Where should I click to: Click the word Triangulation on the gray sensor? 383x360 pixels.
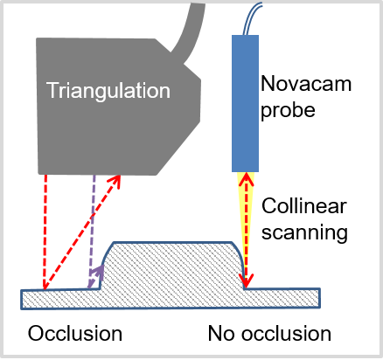[x=108, y=91]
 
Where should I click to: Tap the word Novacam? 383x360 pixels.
[x=306, y=84]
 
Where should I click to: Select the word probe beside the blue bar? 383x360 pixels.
[x=288, y=111]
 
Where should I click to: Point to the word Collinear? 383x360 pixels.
[x=304, y=206]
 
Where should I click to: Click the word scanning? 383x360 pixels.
[x=304, y=232]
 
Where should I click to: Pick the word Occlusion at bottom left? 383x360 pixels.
[x=75, y=333]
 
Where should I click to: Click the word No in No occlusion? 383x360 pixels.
[x=221, y=333]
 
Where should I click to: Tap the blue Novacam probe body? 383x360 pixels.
[x=245, y=103]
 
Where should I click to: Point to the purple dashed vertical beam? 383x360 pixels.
[x=92, y=230]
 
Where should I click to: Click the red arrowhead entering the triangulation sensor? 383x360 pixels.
[x=115, y=180]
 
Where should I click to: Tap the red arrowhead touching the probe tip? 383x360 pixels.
[x=246, y=177]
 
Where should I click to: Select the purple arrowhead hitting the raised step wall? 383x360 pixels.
[x=100, y=270]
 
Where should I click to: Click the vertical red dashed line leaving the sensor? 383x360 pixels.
[x=45, y=232]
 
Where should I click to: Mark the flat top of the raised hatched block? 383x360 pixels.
[x=172, y=242]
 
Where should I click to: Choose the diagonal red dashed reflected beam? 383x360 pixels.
[x=82, y=232]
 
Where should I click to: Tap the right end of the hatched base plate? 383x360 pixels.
[x=320, y=298]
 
